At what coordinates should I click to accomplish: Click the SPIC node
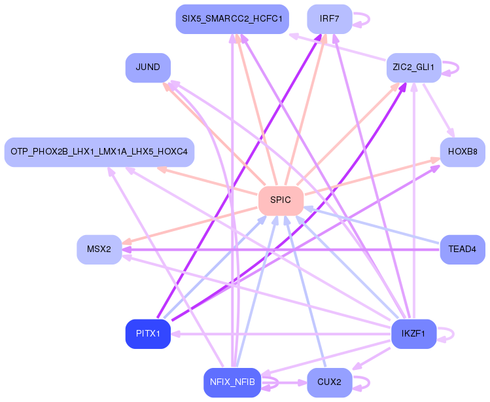point(281,200)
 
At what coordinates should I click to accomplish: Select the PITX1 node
point(148,334)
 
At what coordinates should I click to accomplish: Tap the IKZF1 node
point(413,334)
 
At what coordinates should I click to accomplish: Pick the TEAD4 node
point(463,249)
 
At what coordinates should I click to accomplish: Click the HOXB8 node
point(463,152)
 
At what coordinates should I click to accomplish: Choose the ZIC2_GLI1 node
point(413,67)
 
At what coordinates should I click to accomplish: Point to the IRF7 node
point(330,19)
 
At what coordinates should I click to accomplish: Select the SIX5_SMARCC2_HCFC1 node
point(232,19)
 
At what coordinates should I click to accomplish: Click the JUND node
point(148,67)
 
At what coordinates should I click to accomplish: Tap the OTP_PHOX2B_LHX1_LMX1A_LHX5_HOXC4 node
point(99,152)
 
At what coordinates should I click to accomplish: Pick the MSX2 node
point(99,249)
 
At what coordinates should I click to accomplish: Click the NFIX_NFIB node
point(232,382)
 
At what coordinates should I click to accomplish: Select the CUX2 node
point(330,382)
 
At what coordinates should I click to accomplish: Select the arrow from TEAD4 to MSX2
point(281,249)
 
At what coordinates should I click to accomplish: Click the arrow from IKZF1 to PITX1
point(281,334)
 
